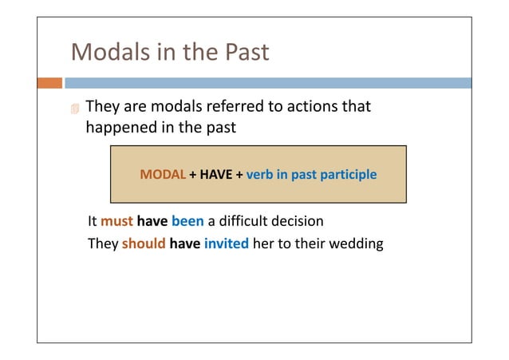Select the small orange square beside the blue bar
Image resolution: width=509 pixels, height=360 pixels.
pyautogui.click(x=49, y=83)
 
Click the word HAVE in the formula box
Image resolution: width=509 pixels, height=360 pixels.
pyautogui.click(x=215, y=174)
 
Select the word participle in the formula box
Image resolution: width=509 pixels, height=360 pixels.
pyautogui.click(x=349, y=174)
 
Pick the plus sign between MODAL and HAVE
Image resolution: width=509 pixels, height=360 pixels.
pyautogui.click(x=192, y=174)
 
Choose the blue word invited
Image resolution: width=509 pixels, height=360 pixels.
pyautogui.click(x=227, y=243)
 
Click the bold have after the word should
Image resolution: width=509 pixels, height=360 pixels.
pyautogui.click(x=185, y=243)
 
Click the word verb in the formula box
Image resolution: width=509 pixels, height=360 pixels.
pyautogui.click(x=260, y=174)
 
